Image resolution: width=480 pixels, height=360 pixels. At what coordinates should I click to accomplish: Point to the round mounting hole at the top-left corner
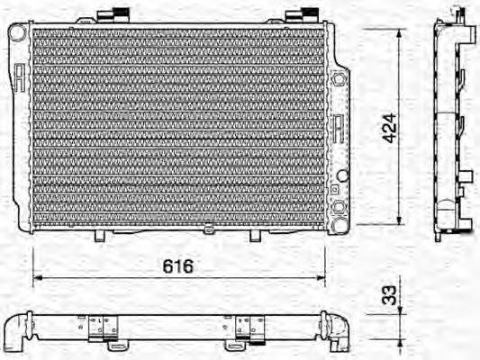(16, 31)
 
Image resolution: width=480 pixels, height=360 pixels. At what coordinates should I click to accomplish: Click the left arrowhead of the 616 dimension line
(37, 279)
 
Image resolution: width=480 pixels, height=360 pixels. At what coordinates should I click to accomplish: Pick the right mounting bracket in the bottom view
(244, 330)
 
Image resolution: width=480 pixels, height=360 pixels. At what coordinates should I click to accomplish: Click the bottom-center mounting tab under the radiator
(209, 231)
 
